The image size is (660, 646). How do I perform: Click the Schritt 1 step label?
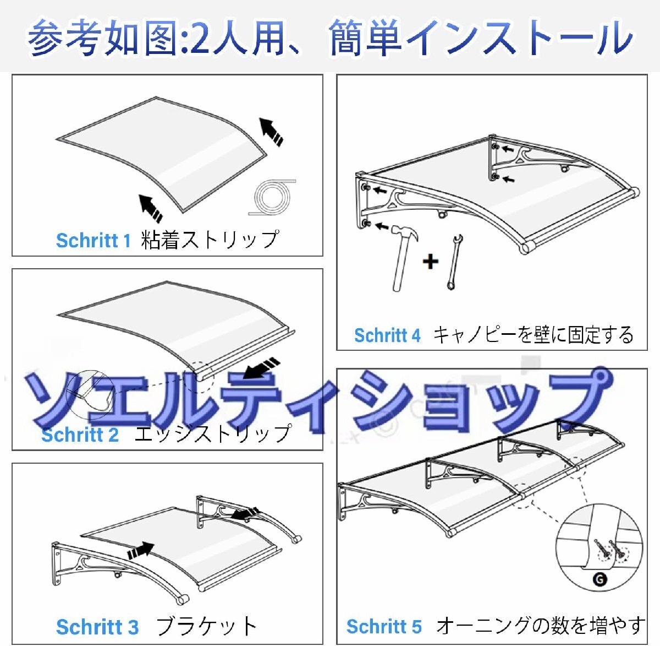click(x=94, y=241)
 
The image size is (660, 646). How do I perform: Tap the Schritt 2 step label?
click(x=80, y=435)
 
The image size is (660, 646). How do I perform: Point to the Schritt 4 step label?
click(x=387, y=335)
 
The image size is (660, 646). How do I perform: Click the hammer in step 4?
click(x=404, y=257)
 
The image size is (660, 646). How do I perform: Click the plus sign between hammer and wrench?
click(x=431, y=262)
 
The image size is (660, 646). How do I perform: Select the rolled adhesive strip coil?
click(x=272, y=197)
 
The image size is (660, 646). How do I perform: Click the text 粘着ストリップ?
click(x=210, y=240)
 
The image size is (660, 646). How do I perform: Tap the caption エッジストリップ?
click(x=213, y=433)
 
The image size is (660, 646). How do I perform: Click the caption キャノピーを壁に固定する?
click(x=533, y=335)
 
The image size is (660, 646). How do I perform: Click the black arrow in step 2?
click(x=262, y=368)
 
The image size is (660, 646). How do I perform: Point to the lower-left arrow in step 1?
click(x=151, y=208)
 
